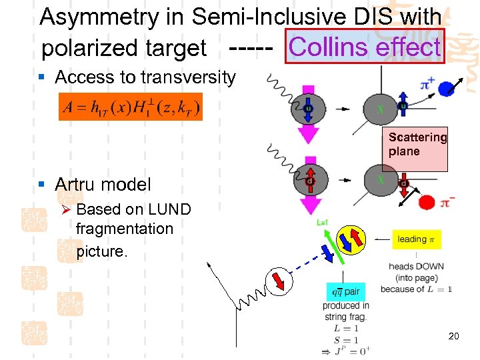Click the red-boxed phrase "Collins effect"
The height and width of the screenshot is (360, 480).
coord(365,47)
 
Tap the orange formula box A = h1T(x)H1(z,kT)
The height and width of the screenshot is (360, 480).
coord(131,106)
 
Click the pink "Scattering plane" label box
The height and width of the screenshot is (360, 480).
coord(417,145)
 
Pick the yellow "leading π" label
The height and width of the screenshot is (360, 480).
coord(416,239)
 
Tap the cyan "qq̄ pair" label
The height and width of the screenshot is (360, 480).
coord(345,291)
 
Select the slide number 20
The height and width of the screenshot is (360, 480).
coord(453,336)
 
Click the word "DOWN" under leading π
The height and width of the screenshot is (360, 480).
coord(430,267)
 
